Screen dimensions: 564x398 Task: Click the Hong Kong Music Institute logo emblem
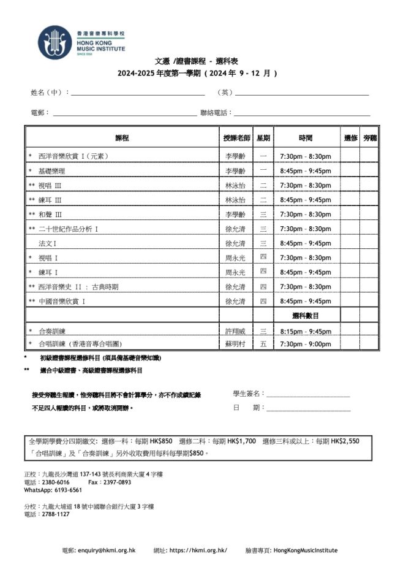click(x=54, y=42)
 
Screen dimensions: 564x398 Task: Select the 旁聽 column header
click(x=370, y=138)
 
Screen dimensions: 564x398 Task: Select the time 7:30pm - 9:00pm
click(x=306, y=345)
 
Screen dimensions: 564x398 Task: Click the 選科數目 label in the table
click(x=306, y=316)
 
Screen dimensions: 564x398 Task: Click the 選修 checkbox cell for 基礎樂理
click(x=350, y=170)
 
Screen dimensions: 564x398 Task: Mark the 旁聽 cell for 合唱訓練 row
click(x=370, y=345)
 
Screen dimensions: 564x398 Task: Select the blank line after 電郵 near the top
click(x=125, y=113)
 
